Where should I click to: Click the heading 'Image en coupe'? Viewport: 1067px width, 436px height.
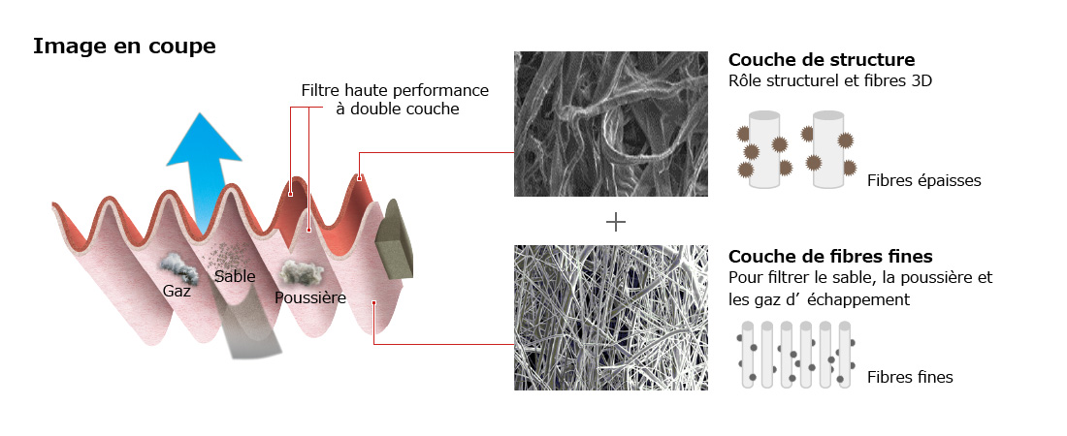pos(124,47)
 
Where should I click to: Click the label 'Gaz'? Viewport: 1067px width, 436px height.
pos(177,291)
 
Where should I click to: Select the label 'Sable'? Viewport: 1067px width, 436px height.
pos(235,276)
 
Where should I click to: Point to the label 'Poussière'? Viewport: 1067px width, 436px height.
pos(310,297)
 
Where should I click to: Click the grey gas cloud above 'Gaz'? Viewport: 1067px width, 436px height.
pos(179,268)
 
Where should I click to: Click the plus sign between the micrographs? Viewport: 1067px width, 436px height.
pos(615,222)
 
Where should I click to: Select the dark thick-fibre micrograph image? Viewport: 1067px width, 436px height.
pos(610,124)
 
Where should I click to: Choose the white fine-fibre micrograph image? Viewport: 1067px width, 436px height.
pos(610,318)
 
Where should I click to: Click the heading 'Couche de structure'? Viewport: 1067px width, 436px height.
pos(822,59)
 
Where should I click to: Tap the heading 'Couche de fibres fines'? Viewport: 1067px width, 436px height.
pos(830,257)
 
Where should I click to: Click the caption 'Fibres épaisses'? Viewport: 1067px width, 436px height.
pos(924,180)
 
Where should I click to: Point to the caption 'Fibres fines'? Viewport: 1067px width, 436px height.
pos(910,378)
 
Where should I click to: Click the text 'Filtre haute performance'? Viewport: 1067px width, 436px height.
pos(395,90)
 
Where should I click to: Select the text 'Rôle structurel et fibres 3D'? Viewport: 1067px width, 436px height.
pos(829,81)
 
